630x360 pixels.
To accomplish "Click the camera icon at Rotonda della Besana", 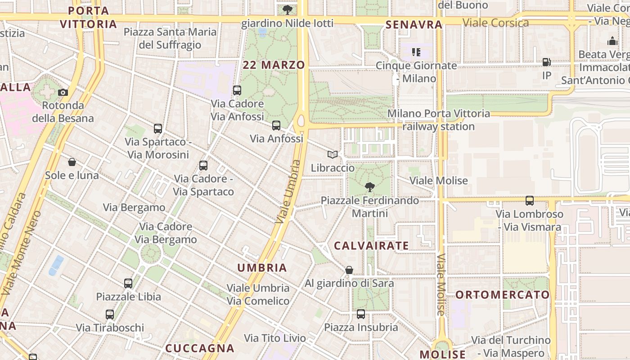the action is click(63, 92).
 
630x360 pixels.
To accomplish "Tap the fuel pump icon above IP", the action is click(546, 62).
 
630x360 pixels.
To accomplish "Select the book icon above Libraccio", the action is click(333, 155).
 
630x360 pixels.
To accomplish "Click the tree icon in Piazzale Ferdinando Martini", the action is click(369, 187).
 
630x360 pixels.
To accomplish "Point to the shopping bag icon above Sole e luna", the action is click(72, 162).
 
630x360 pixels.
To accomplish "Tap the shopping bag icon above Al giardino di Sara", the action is click(349, 270).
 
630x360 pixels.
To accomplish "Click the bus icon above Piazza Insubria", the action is click(361, 314).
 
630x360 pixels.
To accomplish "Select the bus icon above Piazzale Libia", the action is click(128, 283).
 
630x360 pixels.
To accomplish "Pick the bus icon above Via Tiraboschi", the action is click(110, 315).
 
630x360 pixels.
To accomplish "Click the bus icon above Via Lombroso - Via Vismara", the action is click(530, 201).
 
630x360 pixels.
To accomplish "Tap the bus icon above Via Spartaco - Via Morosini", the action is click(157, 129).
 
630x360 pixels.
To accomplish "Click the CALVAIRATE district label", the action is click(371, 246).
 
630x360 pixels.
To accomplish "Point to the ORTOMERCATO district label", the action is click(503, 295).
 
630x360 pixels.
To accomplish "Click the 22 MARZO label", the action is click(274, 65).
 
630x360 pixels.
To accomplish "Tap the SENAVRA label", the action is click(414, 25).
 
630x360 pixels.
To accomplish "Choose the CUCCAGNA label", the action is click(200, 348).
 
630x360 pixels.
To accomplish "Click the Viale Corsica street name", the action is click(495, 22).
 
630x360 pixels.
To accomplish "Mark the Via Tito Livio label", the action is click(275, 338).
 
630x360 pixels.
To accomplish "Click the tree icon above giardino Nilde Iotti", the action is click(288, 9).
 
